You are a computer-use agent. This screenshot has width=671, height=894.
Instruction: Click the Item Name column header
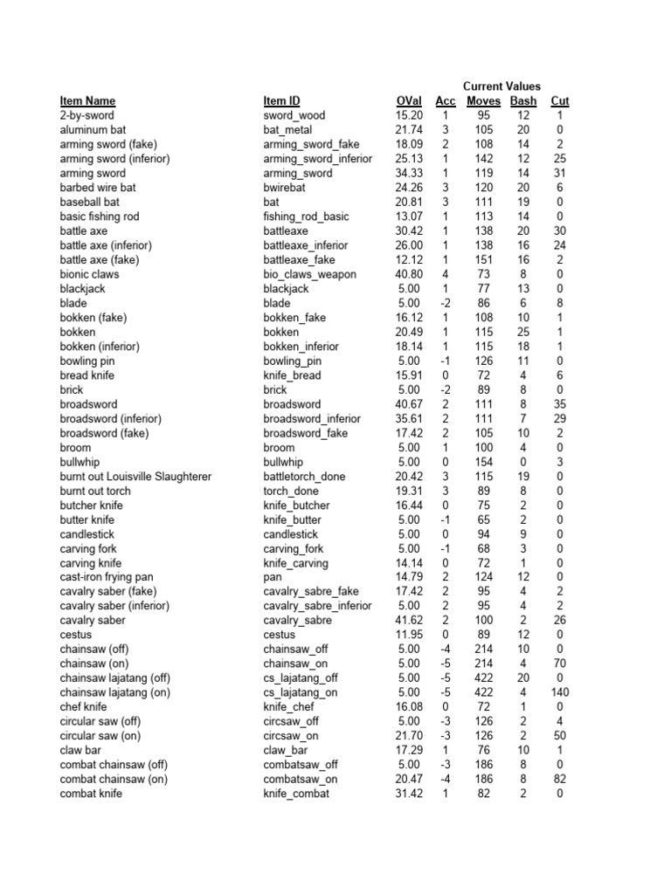[87, 101]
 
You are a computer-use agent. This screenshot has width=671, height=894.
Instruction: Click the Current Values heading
[502, 86]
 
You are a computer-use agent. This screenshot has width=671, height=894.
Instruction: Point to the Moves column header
[484, 101]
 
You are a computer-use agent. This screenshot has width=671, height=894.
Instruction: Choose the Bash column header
[523, 101]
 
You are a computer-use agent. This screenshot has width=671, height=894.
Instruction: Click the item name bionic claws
[90, 274]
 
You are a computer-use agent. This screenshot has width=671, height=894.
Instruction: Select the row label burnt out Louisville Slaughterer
[135, 477]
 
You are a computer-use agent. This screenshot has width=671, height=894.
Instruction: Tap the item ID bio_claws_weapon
[310, 274]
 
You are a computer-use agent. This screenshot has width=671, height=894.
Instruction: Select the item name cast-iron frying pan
[107, 577]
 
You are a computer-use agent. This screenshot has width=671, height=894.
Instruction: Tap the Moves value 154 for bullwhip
[484, 462]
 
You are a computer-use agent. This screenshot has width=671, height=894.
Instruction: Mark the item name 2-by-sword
[87, 115]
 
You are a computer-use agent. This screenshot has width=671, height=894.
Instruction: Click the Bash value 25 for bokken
[523, 332]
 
